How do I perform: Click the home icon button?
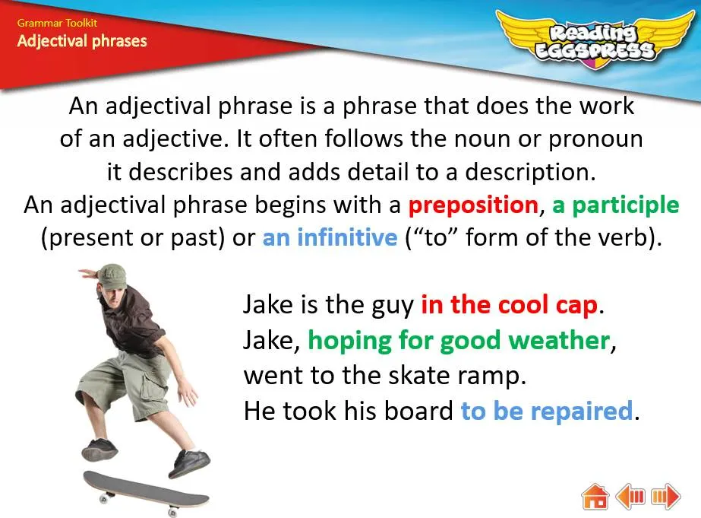point(595,496)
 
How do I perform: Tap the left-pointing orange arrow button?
point(630,496)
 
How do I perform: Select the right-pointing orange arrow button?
point(665,496)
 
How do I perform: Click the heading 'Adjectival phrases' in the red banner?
point(82,41)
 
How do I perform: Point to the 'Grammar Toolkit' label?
point(57,23)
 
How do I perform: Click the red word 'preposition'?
point(473,205)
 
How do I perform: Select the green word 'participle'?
point(626,205)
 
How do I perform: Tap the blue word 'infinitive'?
point(347,237)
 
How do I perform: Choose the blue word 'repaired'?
point(581,411)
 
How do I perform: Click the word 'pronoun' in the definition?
point(595,140)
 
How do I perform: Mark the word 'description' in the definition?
point(530,173)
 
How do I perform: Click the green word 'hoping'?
point(349,342)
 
